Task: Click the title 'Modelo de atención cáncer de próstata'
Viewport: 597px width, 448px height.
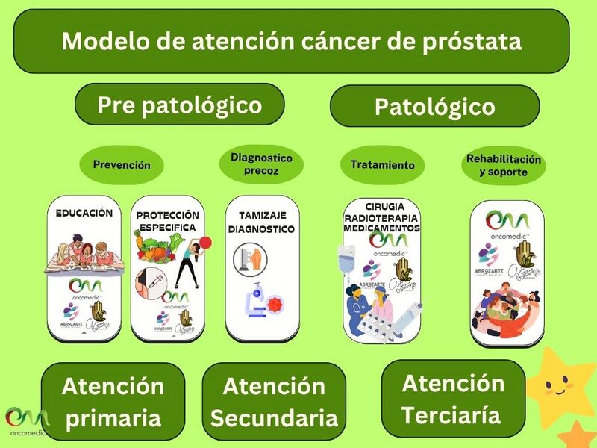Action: click(x=291, y=41)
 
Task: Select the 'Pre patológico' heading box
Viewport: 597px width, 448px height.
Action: click(x=180, y=105)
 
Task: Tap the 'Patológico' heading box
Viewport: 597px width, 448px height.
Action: click(x=434, y=107)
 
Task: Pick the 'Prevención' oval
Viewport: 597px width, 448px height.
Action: click(x=121, y=165)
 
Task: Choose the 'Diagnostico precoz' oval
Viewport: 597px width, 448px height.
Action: click(x=261, y=164)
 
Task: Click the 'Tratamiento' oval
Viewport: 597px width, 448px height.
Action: click(x=382, y=165)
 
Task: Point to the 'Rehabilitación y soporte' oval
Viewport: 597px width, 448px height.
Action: click(x=503, y=166)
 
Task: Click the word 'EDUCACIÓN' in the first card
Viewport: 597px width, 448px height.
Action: click(x=84, y=213)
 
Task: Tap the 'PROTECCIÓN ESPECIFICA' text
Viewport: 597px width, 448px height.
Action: click(x=167, y=221)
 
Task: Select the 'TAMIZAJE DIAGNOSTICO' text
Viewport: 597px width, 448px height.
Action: click(x=261, y=222)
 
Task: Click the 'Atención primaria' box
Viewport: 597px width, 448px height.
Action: click(x=113, y=401)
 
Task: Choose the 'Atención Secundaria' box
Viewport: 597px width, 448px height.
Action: click(x=274, y=402)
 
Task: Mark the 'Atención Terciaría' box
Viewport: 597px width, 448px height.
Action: click(x=453, y=399)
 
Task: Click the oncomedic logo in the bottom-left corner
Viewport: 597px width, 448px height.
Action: click(x=26, y=423)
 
